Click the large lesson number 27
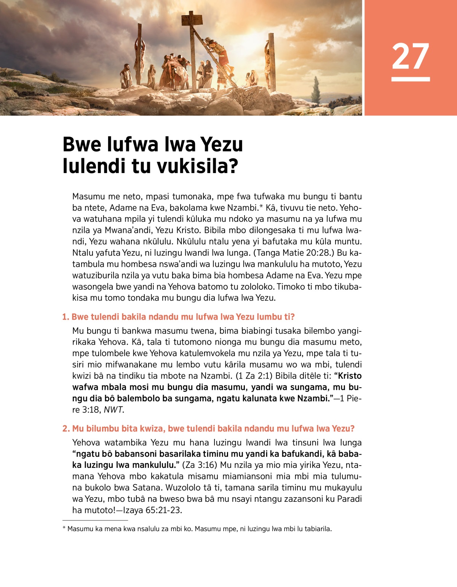click(410, 56)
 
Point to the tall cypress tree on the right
click(316, 90)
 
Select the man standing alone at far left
click(125, 76)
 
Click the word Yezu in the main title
click(221, 144)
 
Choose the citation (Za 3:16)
click(200, 465)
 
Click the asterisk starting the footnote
click(64, 528)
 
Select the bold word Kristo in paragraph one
click(350, 376)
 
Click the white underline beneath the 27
click(410, 79)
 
